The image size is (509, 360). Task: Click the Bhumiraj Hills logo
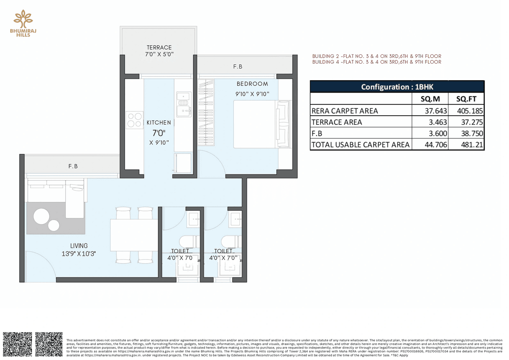[23, 23]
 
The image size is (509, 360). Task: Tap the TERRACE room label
[159, 47]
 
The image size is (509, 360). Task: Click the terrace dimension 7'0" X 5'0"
[159, 54]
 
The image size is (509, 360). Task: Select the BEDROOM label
[252, 84]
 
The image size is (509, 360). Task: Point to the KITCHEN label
[159, 123]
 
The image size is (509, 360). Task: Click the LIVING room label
[78, 246]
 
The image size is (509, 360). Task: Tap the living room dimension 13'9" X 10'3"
[78, 253]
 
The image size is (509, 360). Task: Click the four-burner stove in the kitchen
[134, 120]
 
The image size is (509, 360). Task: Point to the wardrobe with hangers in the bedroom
[206, 112]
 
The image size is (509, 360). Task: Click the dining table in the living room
[134, 235]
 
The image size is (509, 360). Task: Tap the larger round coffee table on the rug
[42, 217]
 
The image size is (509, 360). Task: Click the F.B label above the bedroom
[237, 67]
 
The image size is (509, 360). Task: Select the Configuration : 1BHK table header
[396, 87]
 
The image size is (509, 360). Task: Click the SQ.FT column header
[466, 99]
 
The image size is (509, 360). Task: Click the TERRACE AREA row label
[337, 122]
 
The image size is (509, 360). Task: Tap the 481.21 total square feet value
[472, 145]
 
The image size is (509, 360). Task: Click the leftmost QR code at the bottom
[17, 345]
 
